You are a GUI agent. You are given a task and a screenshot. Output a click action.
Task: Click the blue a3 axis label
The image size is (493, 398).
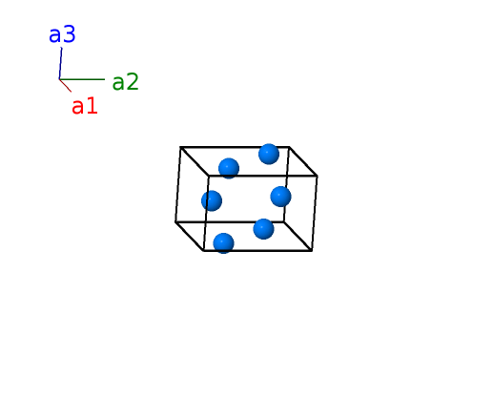(x=62, y=34)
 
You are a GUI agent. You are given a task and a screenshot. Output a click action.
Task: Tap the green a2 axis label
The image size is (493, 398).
(x=126, y=82)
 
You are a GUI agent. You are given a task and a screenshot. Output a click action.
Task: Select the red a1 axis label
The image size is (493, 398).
(x=85, y=106)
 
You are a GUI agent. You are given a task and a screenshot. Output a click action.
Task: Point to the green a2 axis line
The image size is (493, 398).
(x=82, y=79)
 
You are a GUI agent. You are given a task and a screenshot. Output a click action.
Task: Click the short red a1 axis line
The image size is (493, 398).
(x=65, y=86)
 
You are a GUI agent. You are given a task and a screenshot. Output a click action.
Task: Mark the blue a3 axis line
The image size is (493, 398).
(x=60, y=63)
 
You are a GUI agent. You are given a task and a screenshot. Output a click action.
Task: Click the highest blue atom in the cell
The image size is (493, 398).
(x=269, y=154)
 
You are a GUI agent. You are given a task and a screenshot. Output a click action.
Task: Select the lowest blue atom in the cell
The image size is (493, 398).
(x=224, y=243)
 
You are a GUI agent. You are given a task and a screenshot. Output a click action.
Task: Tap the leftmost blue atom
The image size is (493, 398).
(x=212, y=200)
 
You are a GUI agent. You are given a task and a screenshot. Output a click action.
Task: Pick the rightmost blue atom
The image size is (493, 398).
(x=280, y=197)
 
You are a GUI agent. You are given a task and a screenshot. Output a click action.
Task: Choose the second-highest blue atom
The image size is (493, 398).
(x=229, y=168)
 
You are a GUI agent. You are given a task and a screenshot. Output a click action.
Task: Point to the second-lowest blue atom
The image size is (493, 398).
(x=263, y=229)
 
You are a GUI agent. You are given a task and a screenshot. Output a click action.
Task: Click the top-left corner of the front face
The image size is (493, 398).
(x=209, y=176)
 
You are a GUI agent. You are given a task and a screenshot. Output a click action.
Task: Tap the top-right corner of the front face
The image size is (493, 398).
(x=317, y=176)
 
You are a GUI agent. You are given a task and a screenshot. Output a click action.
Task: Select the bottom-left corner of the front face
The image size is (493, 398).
(x=203, y=251)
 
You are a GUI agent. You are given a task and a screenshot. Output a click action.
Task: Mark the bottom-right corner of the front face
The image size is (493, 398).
(x=312, y=251)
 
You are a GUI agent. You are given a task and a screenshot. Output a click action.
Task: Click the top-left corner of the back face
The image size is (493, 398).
(x=180, y=147)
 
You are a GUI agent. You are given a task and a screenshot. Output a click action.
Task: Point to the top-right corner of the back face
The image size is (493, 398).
(x=289, y=147)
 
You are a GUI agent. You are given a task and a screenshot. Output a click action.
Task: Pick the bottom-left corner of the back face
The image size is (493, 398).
(x=175, y=221)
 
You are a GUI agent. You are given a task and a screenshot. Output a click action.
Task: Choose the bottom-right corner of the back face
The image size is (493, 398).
(x=284, y=221)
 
